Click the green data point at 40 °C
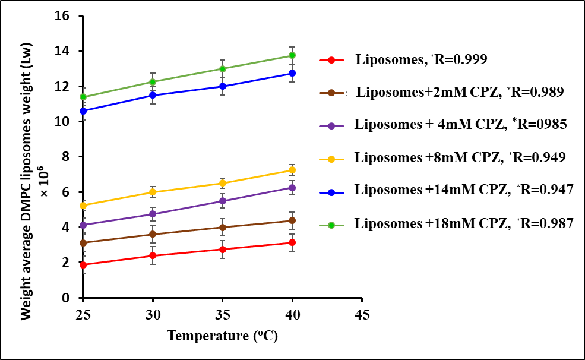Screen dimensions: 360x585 (292, 56)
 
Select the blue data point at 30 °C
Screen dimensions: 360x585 (153, 95)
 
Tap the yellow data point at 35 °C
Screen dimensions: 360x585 (223, 184)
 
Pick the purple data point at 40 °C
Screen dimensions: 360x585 (292, 188)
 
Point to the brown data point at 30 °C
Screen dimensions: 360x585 (153, 235)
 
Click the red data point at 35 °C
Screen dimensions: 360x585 (223, 250)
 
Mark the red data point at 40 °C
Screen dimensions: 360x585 (292, 242)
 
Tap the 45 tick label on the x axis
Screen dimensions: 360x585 (362, 313)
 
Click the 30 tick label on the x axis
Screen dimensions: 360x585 (153, 313)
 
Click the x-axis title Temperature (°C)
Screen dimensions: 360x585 (223, 336)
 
